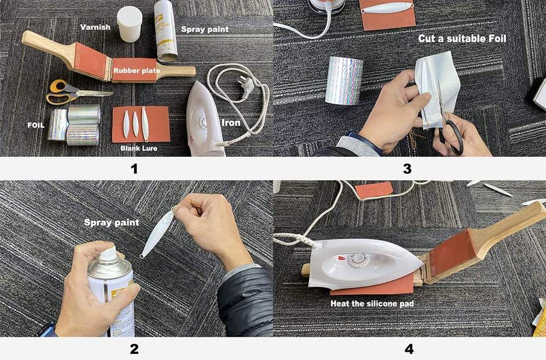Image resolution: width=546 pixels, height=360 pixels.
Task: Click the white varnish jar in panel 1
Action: click(x=129, y=24)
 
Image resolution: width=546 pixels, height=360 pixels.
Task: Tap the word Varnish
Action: click(x=95, y=27)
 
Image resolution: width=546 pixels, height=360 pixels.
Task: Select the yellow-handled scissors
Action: click(x=77, y=92)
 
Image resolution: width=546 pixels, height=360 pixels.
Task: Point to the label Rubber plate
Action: click(x=137, y=71)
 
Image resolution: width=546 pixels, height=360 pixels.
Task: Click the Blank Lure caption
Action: click(x=139, y=148)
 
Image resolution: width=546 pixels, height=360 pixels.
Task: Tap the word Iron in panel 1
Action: click(x=231, y=122)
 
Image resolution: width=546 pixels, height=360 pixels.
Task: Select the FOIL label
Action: click(x=36, y=125)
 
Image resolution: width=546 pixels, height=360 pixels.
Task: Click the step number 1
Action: click(x=134, y=169)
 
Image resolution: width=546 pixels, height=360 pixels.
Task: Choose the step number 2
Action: click(x=134, y=349)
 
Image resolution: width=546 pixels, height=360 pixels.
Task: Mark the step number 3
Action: click(x=407, y=169)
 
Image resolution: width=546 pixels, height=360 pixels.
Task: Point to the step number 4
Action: click(x=409, y=349)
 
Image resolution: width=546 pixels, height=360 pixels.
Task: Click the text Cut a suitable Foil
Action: click(x=462, y=38)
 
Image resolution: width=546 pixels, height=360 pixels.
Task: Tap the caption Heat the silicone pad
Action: click(x=372, y=304)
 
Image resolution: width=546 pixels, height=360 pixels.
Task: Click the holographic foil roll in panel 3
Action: click(x=344, y=80)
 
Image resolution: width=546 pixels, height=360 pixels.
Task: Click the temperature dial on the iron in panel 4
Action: click(x=358, y=259)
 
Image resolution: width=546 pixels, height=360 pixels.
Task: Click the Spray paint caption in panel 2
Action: click(x=111, y=222)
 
